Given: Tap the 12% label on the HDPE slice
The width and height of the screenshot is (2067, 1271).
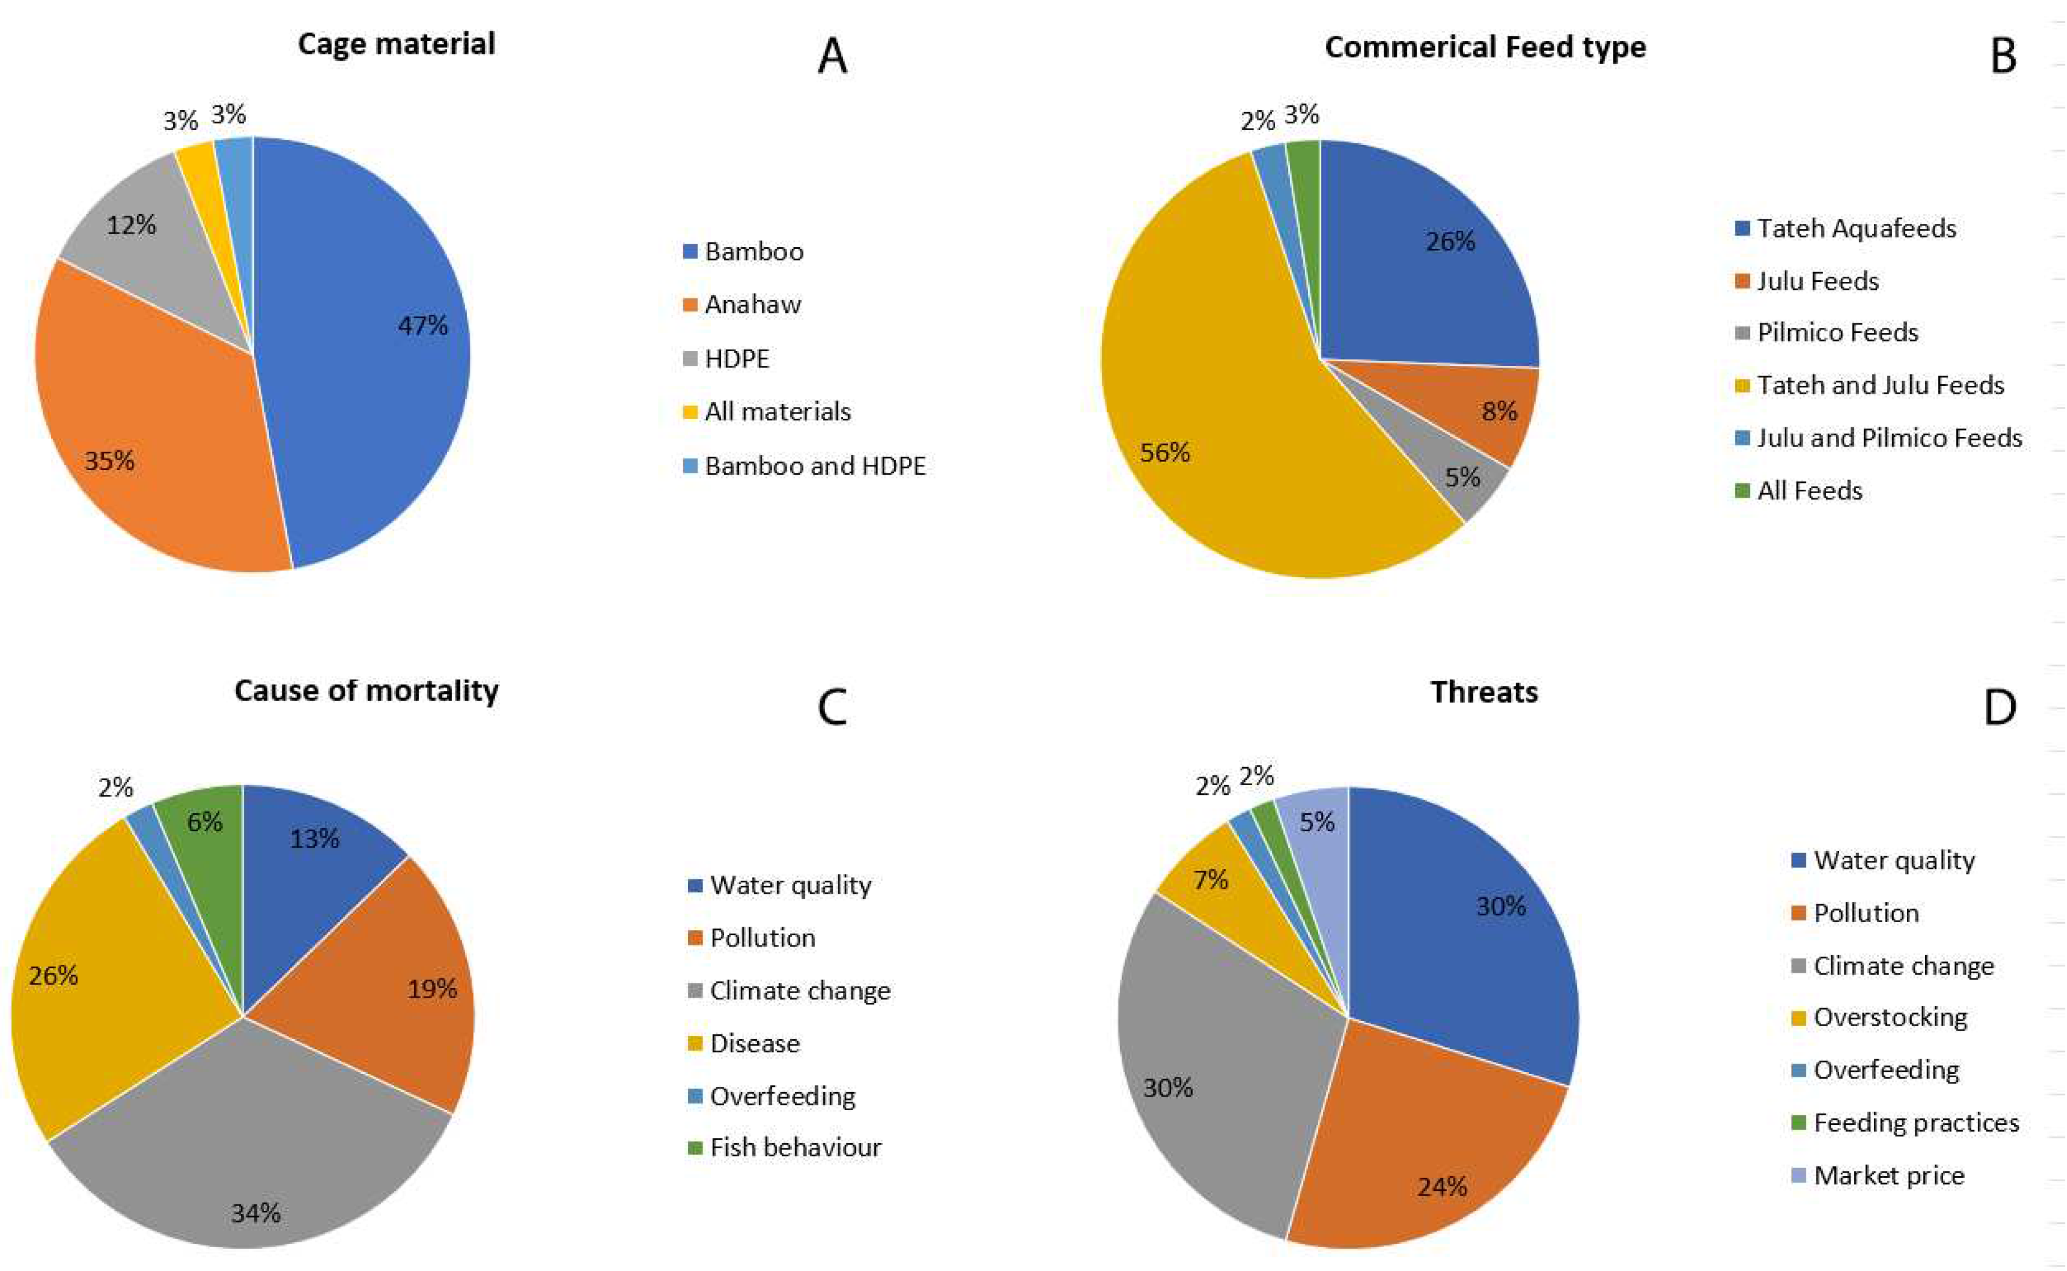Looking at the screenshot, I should [131, 226].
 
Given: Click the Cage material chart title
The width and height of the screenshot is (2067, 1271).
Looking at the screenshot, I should [396, 44].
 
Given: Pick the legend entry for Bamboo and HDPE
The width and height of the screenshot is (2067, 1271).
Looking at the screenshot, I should [814, 466].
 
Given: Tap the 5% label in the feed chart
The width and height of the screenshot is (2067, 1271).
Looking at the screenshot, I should [1462, 477].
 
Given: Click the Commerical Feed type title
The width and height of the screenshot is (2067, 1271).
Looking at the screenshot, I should [1485, 47].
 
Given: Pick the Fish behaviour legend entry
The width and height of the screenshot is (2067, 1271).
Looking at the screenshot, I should [795, 1148].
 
